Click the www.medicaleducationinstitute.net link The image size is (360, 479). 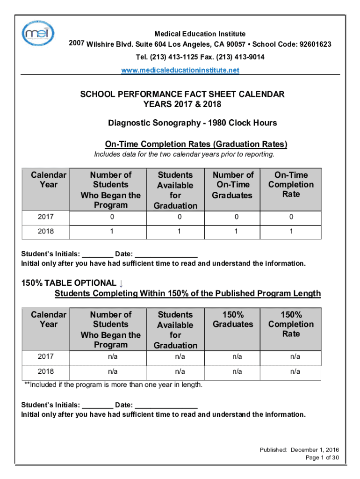180,70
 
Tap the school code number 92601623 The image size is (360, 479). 310,44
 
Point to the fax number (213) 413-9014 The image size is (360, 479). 239,57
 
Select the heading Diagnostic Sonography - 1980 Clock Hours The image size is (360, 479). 193,123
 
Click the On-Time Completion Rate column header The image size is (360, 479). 291,184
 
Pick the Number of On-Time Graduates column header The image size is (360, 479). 233,185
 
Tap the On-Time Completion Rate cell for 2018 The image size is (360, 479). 291,231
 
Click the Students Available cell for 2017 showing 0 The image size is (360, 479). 175,217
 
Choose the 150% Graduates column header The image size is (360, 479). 233,319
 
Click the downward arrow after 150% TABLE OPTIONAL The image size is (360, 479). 121,283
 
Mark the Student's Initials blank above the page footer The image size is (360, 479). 97,405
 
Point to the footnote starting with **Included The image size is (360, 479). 114,385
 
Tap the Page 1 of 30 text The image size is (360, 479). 322,457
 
